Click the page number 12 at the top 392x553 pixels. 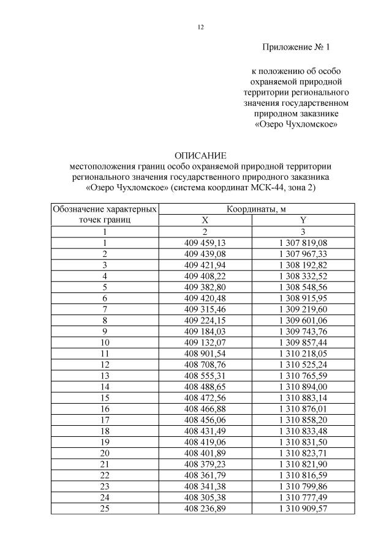pyautogui.click(x=200, y=26)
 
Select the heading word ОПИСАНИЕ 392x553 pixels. pyautogui.click(x=200, y=155)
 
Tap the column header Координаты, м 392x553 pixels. pyautogui.click(x=256, y=209)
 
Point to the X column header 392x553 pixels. pyautogui.click(x=205, y=220)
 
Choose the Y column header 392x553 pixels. pyautogui.click(x=303, y=220)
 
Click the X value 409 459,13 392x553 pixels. pyautogui.click(x=205, y=242)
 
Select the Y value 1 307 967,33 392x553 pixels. pyautogui.click(x=303, y=253)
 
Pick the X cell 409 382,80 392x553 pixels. pyautogui.click(x=205, y=286)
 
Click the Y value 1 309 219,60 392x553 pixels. pyautogui.click(x=303, y=308)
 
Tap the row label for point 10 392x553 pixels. pyautogui.click(x=105, y=341)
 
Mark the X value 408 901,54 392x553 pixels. pyautogui.click(x=205, y=352)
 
